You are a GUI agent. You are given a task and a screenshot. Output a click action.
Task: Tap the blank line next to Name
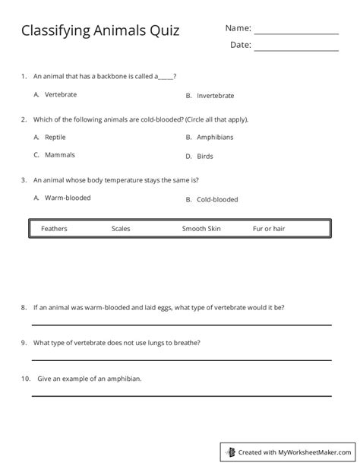coord(295,34)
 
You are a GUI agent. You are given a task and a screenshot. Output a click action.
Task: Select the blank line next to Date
coord(295,51)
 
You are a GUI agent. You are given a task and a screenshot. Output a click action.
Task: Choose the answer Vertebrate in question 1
coord(61,95)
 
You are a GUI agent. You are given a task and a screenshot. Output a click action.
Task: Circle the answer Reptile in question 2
coord(55,137)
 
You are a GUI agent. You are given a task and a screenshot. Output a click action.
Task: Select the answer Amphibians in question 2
coord(215,137)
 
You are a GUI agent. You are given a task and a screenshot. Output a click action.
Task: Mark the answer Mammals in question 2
coord(60,154)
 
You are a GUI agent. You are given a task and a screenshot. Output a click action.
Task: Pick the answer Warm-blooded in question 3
coord(68,198)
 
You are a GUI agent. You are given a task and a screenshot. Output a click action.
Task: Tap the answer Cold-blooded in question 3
coord(217,199)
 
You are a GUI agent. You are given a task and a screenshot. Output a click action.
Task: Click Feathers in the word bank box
coord(54,228)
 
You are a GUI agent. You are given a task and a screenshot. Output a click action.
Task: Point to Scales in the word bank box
coord(121,228)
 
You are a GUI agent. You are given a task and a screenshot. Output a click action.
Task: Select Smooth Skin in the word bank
coord(201,228)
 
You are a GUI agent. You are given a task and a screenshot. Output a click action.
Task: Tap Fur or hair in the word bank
coord(269,228)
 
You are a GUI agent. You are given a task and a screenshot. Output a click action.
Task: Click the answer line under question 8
coord(181,325)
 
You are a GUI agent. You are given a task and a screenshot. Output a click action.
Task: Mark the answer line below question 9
coord(181,360)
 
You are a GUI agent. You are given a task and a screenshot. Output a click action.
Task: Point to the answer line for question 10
coord(181,395)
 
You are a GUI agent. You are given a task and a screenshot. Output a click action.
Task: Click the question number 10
coord(25,379)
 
